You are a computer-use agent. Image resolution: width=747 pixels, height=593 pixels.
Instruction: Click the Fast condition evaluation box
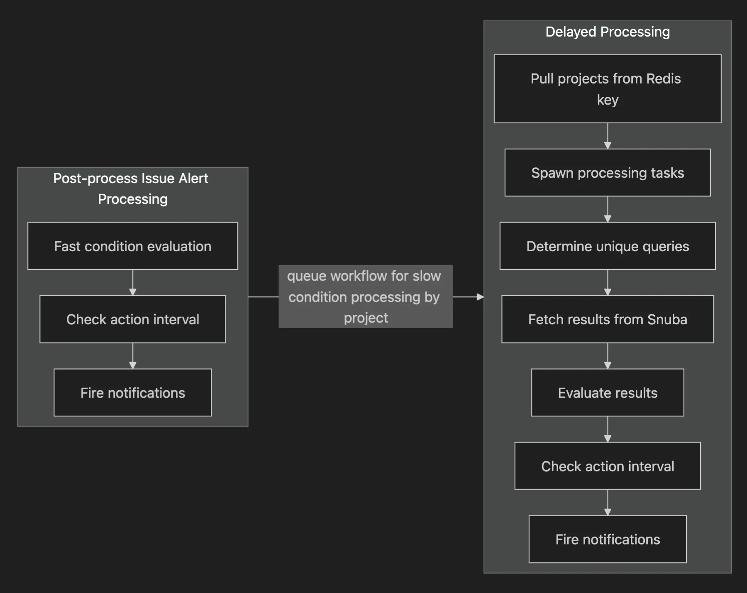(x=132, y=246)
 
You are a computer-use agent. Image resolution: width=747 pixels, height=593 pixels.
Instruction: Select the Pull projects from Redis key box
(x=607, y=89)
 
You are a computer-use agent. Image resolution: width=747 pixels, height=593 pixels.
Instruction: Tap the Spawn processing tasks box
(x=607, y=172)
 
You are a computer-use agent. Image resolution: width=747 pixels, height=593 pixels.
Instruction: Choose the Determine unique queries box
(x=607, y=246)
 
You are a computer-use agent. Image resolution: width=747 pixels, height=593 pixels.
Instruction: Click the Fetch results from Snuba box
(x=607, y=319)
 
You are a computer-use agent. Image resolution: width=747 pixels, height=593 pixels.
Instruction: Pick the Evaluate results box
(x=607, y=392)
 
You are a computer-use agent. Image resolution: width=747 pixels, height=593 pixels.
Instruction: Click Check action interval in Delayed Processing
(x=607, y=466)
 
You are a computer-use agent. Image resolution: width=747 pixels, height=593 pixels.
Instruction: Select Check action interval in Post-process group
(x=132, y=319)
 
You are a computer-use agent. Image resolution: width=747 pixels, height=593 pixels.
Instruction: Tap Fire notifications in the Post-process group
(x=132, y=392)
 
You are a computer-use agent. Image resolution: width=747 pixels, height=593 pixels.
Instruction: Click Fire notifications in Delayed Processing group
(x=607, y=539)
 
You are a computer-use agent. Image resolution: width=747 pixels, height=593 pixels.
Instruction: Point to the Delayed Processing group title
(x=607, y=32)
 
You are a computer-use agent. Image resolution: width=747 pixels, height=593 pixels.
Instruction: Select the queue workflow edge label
(x=365, y=296)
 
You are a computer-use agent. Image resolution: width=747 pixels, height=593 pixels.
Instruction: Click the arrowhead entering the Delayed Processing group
(x=480, y=297)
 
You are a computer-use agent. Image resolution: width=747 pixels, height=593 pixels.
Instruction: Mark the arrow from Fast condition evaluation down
(x=133, y=283)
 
